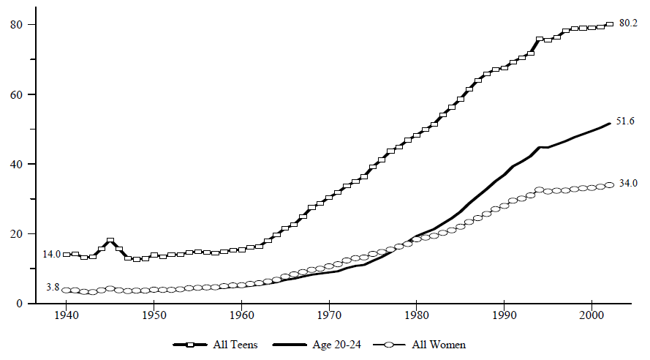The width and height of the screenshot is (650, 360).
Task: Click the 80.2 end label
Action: (629, 23)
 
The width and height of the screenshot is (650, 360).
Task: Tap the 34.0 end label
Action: (629, 184)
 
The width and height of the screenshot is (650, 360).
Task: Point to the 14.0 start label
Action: (51, 253)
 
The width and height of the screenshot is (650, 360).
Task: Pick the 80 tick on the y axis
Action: (15, 24)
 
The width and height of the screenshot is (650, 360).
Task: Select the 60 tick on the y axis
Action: (15, 94)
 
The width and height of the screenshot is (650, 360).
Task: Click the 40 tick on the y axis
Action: (15, 164)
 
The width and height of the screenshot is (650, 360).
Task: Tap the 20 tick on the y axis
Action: (15, 233)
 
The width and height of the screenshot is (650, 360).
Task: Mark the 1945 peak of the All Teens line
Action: (110, 241)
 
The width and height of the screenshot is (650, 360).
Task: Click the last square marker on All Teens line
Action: (609, 24)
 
